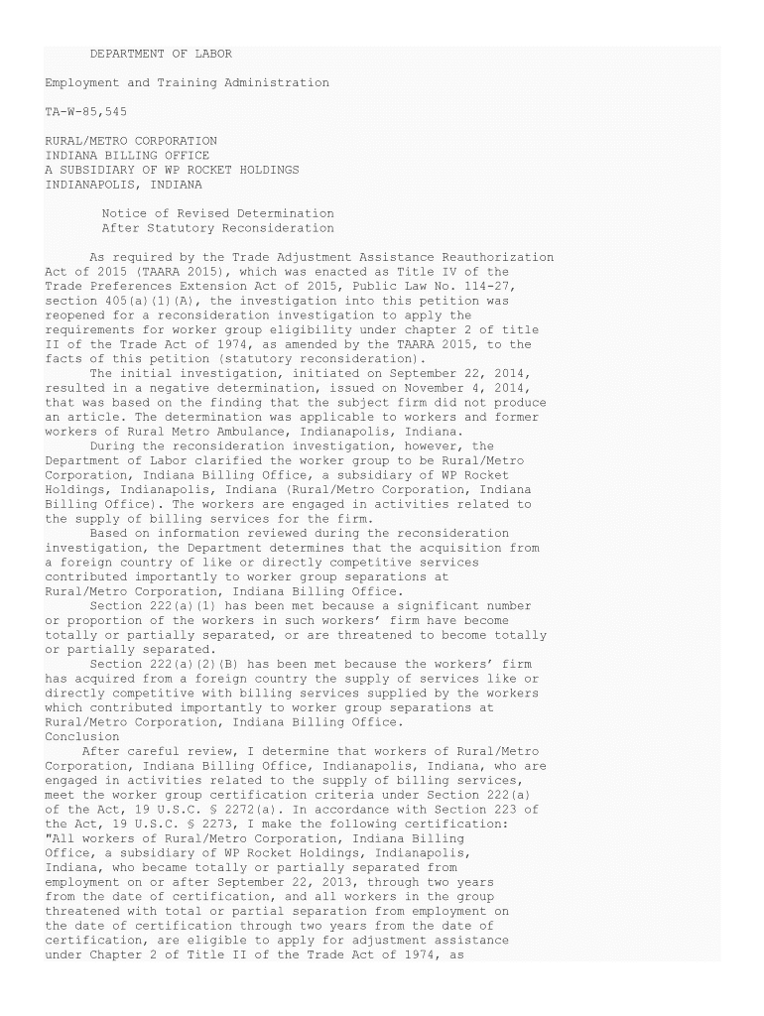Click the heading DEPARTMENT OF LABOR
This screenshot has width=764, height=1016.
pyautogui.click(x=161, y=54)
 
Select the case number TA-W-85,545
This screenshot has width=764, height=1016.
pyautogui.click(x=86, y=112)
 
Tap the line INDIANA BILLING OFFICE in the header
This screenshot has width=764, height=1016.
pyautogui.click(x=128, y=156)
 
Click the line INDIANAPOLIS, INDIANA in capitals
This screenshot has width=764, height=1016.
pyautogui.click(x=124, y=185)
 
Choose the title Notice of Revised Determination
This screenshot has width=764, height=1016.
pyautogui.click(x=218, y=213)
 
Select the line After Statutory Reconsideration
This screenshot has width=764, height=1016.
pyautogui.click(x=218, y=228)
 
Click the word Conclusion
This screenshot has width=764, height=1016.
pyautogui.click(x=82, y=736)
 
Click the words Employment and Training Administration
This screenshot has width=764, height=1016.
pyautogui.click(x=188, y=82)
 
